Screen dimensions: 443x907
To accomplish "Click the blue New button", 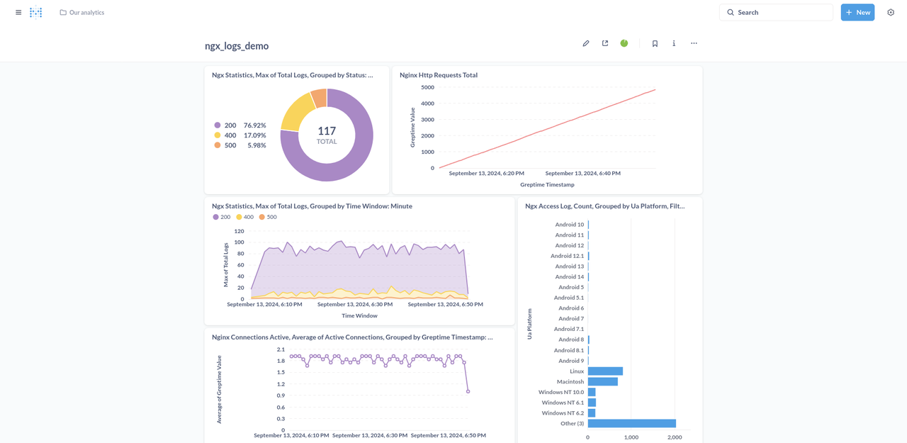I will click(x=857, y=12).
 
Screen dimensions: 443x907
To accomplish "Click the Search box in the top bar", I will click(x=776, y=12).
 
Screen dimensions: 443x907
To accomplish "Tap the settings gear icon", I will click(x=891, y=12).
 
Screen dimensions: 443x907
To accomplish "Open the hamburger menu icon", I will click(x=18, y=12).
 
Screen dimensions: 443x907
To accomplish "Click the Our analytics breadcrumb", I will click(x=86, y=12).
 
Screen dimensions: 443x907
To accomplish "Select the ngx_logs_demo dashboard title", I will click(x=237, y=46).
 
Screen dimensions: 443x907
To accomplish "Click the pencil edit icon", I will click(x=586, y=43).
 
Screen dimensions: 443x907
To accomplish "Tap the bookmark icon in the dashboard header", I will click(x=655, y=43).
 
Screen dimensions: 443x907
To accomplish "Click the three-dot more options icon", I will click(x=694, y=43).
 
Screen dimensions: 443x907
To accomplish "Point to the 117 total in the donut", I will click(x=327, y=131).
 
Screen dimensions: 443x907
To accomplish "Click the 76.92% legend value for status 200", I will click(x=254, y=125).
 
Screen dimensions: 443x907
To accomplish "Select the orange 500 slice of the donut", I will click(x=319, y=99).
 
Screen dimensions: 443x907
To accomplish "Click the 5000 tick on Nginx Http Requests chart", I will click(x=427, y=87).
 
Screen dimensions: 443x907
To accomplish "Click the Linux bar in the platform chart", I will click(x=605, y=371).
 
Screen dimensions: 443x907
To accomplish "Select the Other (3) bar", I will click(x=631, y=423).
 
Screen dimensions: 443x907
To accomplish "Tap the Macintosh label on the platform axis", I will click(x=570, y=381).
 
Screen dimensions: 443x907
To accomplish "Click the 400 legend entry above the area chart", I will click(x=244, y=217).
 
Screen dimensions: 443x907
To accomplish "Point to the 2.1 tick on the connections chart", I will click(x=281, y=349).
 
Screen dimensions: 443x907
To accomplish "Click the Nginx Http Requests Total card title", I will click(x=439, y=75).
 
